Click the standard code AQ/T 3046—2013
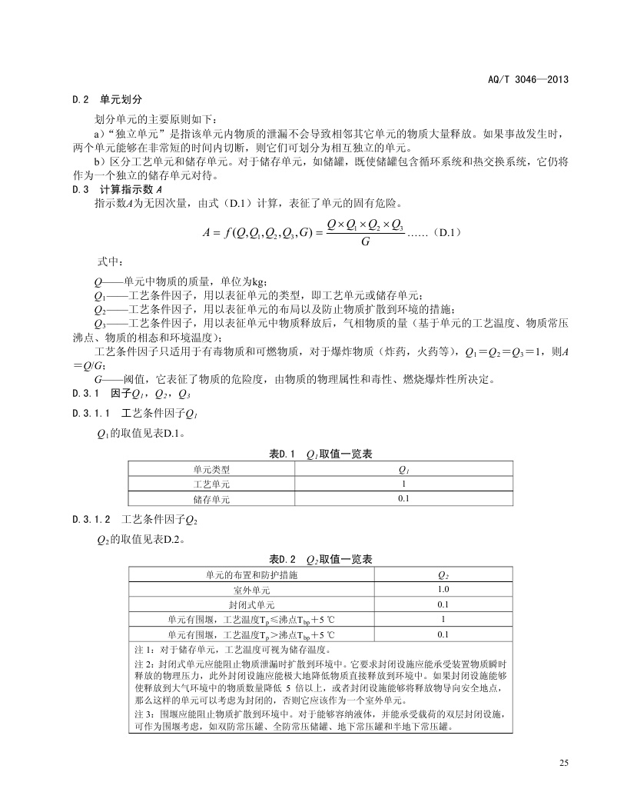click(528, 79)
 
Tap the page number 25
click(564, 763)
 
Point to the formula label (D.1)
click(446, 231)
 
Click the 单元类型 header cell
click(211, 468)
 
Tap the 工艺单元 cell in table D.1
click(211, 484)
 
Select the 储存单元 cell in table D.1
click(211, 499)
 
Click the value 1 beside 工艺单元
click(403, 484)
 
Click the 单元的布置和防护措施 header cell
click(250, 574)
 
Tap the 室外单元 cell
click(250, 589)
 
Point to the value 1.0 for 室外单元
click(443, 589)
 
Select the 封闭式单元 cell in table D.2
click(250, 604)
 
